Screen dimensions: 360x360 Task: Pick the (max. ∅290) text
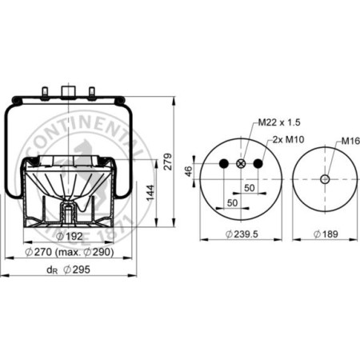[x=87, y=253]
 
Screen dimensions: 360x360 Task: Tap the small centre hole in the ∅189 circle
[x=324, y=179]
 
